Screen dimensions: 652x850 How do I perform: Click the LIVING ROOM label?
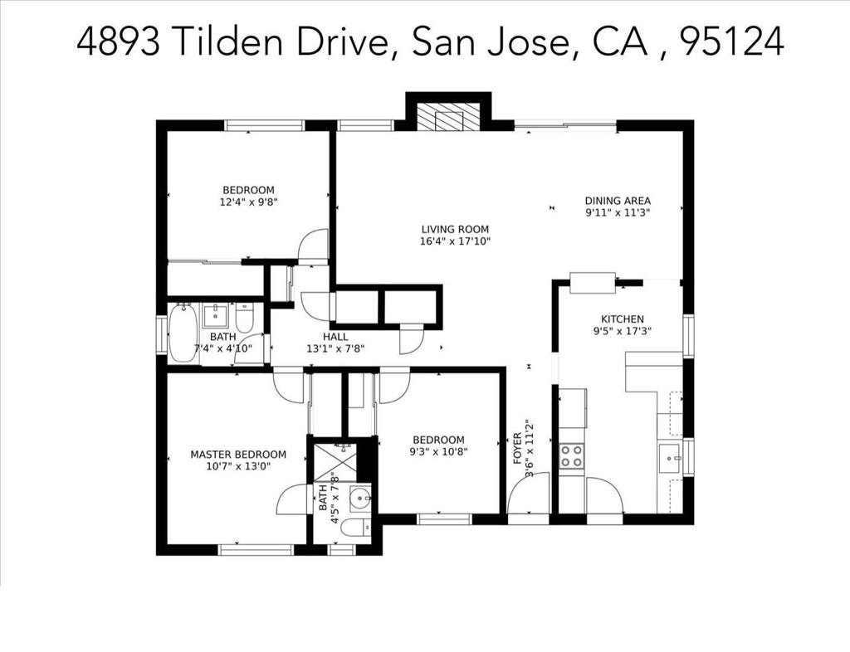click(x=455, y=230)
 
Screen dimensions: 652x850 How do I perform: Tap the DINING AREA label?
click(x=618, y=201)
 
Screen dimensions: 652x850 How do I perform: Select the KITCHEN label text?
click(x=623, y=319)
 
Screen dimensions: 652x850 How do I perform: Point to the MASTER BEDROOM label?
click(x=238, y=455)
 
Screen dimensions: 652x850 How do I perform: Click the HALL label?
click(x=335, y=337)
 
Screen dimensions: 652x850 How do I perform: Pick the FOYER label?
click(x=518, y=449)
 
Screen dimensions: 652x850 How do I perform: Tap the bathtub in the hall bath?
click(x=183, y=333)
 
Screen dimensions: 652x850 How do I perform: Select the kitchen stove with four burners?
click(x=571, y=455)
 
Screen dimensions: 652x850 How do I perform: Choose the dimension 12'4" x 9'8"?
click(x=248, y=201)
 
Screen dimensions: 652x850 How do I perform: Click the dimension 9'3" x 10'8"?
click(x=438, y=452)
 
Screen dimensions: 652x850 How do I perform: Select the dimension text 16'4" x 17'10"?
click(x=455, y=241)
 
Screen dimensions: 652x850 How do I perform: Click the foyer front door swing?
click(x=530, y=494)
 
